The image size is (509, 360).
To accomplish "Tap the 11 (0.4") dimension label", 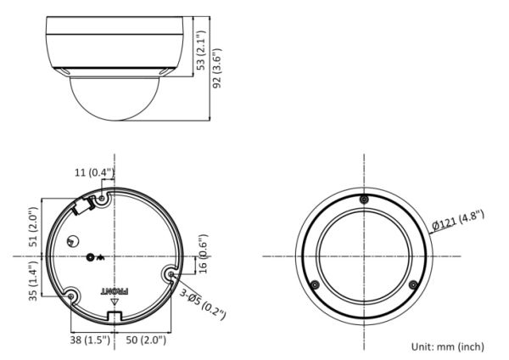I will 92,173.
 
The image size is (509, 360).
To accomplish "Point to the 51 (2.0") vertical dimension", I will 34,225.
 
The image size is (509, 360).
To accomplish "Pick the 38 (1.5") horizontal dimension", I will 87,340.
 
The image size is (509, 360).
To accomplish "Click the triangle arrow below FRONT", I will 113,301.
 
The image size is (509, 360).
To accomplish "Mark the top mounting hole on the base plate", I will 102,198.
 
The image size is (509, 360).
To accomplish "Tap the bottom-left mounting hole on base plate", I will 71,295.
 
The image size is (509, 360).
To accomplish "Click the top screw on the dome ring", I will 363,200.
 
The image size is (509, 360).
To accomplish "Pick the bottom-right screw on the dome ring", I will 412,284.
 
